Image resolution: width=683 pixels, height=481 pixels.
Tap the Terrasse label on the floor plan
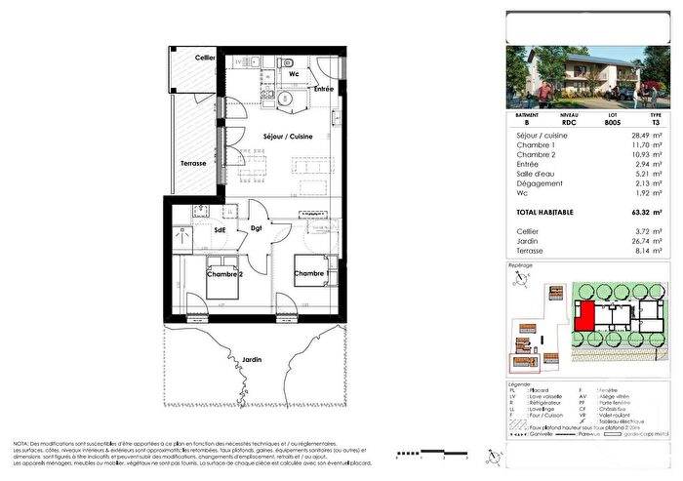(192, 164)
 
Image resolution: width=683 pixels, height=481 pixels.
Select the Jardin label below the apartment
(253, 359)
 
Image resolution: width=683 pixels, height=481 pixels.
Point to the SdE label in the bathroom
(221, 229)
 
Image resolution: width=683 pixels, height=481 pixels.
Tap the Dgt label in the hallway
(258, 229)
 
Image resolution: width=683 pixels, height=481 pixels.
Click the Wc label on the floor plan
(293, 73)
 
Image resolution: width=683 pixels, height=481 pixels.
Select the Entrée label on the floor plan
(323, 90)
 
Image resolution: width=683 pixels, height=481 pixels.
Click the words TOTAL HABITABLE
(545, 212)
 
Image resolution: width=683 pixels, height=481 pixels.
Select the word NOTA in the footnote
(20, 442)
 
